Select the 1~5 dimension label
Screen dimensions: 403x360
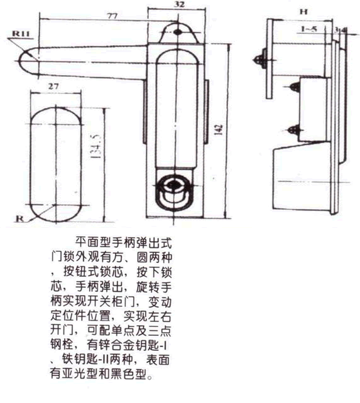coord(309,29)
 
